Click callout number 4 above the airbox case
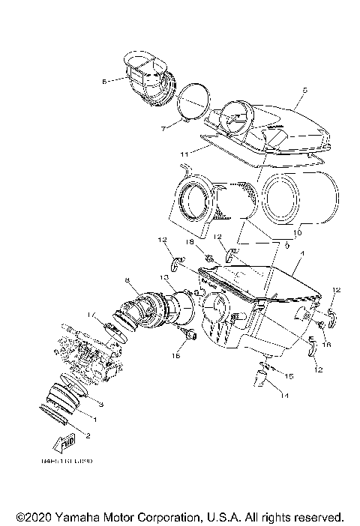tap(301, 254)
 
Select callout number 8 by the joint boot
tap(127, 281)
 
